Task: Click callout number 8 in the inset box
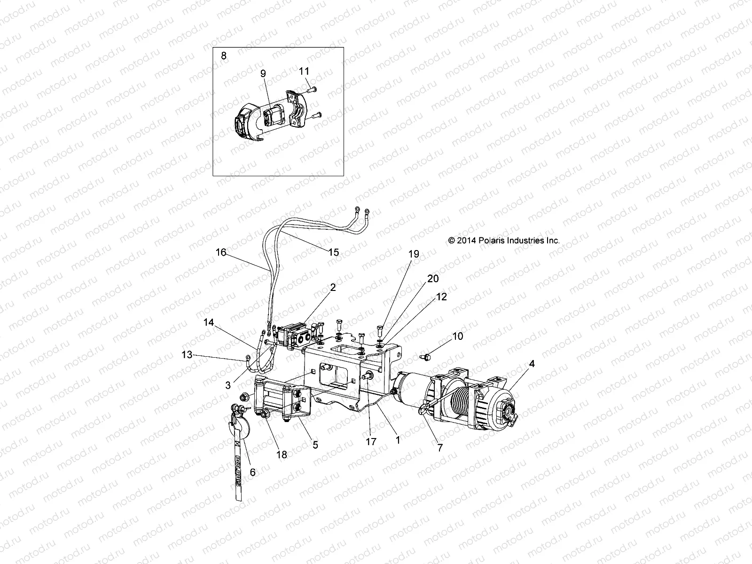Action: (223, 55)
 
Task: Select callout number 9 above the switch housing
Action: (263, 73)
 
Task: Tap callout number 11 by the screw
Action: (304, 71)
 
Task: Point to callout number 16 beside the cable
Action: (221, 252)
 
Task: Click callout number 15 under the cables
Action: (333, 252)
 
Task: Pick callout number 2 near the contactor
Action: (333, 288)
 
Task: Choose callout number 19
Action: (413, 254)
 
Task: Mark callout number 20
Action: (433, 279)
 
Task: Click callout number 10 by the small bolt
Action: (457, 336)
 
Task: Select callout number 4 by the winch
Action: (518, 364)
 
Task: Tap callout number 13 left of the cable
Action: (187, 354)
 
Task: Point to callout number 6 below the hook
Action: (252, 472)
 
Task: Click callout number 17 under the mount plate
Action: (371, 441)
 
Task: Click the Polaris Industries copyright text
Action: (504, 240)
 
